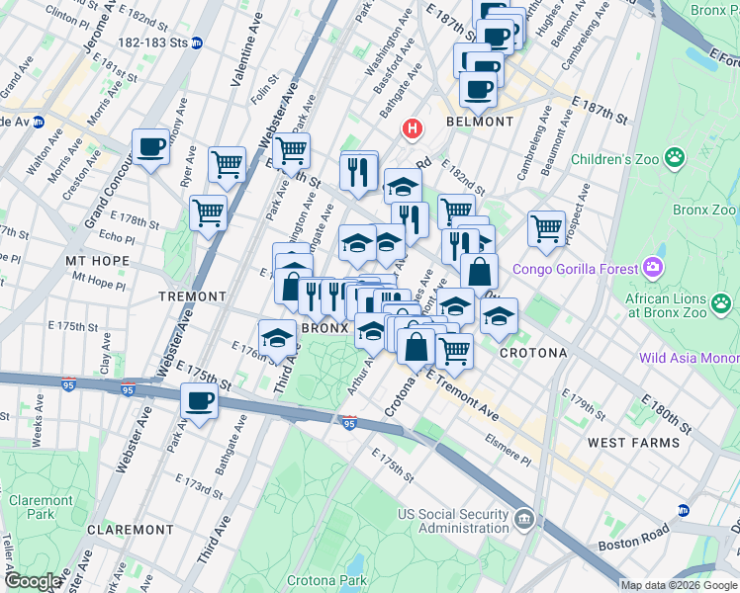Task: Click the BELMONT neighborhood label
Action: (x=480, y=122)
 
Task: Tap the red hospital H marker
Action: (x=413, y=129)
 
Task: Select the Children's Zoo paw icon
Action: (x=675, y=158)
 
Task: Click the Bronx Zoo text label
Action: (x=704, y=211)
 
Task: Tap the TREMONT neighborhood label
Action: (x=193, y=296)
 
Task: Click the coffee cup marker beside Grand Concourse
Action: (x=151, y=147)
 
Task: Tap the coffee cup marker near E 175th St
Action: (x=199, y=401)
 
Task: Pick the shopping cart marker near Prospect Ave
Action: (x=546, y=228)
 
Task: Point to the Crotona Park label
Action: (x=326, y=580)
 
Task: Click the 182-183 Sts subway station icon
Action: (x=197, y=43)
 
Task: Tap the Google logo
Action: (x=33, y=581)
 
